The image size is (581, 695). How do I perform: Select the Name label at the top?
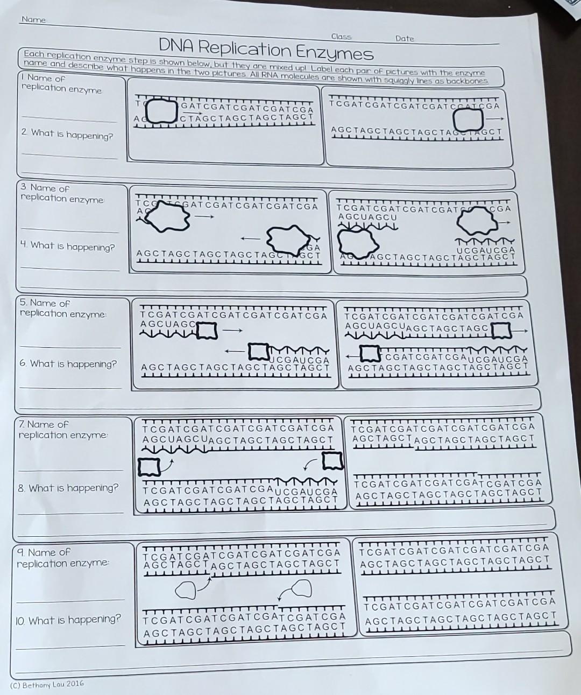pyautogui.click(x=33, y=20)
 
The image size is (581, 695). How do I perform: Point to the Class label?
pyautogui.click(x=341, y=37)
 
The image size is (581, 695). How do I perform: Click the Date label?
pyautogui.click(x=405, y=39)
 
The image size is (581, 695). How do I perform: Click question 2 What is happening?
pyautogui.click(x=67, y=134)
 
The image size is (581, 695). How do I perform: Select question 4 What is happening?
pyautogui.click(x=67, y=247)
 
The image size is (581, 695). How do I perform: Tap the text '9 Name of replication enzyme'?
pyautogui.click(x=62, y=558)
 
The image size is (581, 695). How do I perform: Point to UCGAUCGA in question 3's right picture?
pyautogui.click(x=485, y=250)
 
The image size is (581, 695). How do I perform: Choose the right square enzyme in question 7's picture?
pyautogui.click(x=332, y=461)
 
